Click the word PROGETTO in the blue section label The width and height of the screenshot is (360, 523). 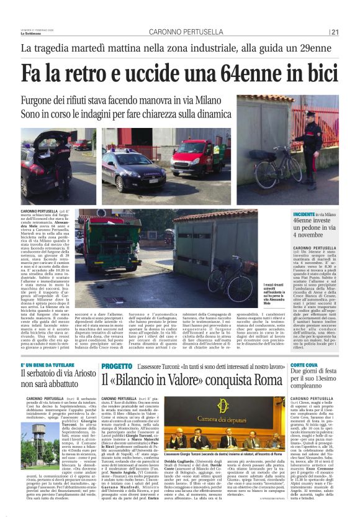coord(116,349)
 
